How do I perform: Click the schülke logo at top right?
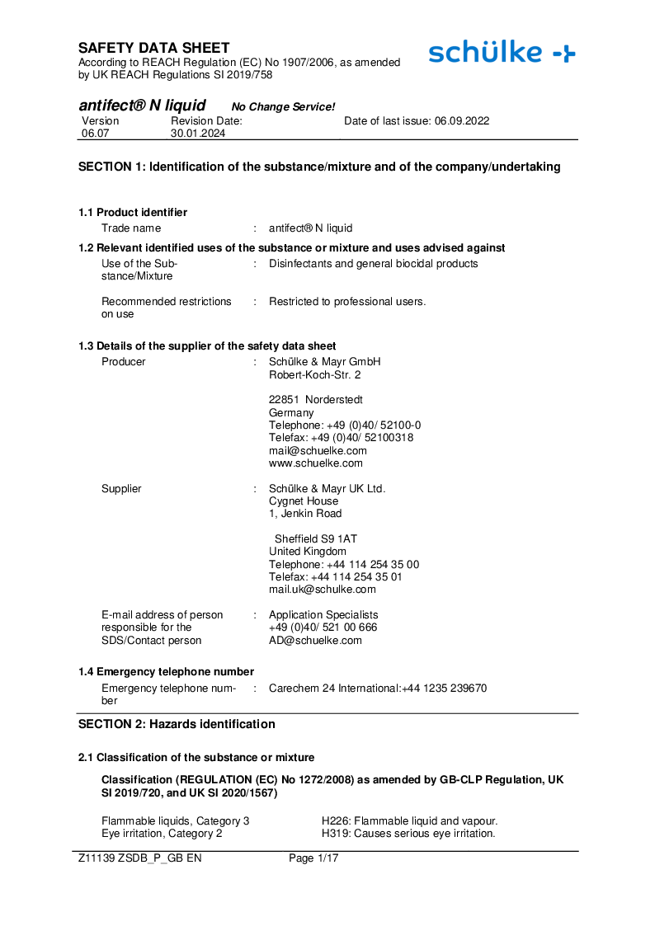[x=502, y=53]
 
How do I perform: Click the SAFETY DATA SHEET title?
[x=154, y=48]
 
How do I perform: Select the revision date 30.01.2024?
[x=198, y=133]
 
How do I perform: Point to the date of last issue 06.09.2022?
[x=417, y=120]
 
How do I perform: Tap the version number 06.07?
[x=95, y=133]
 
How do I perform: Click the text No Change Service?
[x=283, y=107]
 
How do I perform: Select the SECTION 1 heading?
[x=319, y=167]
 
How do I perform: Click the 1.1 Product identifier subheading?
[x=133, y=212]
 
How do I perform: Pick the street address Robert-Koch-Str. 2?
[x=315, y=374]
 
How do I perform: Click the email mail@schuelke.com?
[x=318, y=450]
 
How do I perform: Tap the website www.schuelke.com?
[x=315, y=463]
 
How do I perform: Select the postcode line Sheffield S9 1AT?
[x=316, y=538]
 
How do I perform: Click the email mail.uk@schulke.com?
[x=323, y=589]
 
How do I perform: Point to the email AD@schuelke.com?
[x=315, y=640]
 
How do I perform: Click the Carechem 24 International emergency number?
[x=378, y=688]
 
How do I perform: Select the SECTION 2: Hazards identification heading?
[x=177, y=724]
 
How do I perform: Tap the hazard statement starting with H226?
[x=409, y=820]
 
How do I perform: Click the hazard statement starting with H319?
[x=408, y=833]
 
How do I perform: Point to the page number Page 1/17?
[x=313, y=858]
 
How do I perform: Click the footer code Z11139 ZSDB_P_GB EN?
[x=139, y=858]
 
